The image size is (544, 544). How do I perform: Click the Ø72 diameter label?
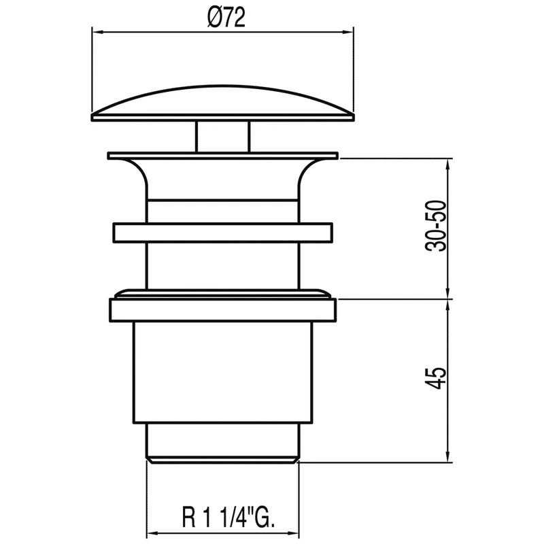pos(226,17)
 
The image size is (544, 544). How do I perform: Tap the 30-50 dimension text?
pos(436,226)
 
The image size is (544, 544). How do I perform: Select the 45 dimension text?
pos(436,378)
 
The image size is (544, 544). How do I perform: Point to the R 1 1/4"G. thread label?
pos(228,516)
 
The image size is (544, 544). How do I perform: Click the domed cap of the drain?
pos(223,103)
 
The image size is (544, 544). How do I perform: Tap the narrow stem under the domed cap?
pos(223,137)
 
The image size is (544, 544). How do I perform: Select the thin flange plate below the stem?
pos(223,156)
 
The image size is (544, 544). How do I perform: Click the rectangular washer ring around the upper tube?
pos(223,233)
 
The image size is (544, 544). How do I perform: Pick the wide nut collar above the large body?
pos(223,310)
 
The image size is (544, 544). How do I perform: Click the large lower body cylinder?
pos(223,373)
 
